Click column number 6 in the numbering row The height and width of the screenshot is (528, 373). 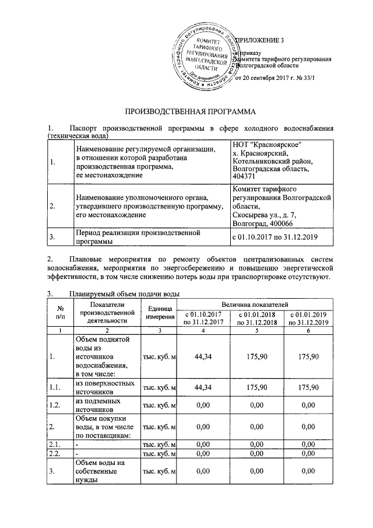[306, 330]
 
